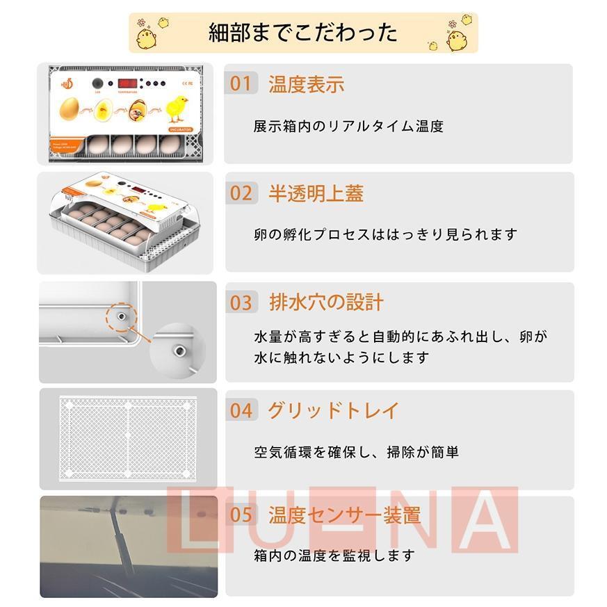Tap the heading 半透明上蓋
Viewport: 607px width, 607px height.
pos(316,193)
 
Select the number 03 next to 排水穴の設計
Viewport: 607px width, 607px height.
pos(241,302)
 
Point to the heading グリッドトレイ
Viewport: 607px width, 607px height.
pos(333,410)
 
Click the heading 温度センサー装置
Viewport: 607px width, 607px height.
pos(344,515)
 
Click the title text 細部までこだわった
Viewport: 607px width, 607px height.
pos(303,33)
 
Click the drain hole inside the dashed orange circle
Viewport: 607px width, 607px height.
pos(121,316)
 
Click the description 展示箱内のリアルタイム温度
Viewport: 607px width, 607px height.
pos(348,127)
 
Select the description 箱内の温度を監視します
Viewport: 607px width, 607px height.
pos(334,556)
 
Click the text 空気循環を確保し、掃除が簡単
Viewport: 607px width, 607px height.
pos(356,452)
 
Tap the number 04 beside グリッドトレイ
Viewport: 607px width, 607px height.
pos(241,410)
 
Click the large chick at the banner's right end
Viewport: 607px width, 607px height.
pos(457,39)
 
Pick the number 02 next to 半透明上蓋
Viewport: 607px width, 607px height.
pos(241,193)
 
